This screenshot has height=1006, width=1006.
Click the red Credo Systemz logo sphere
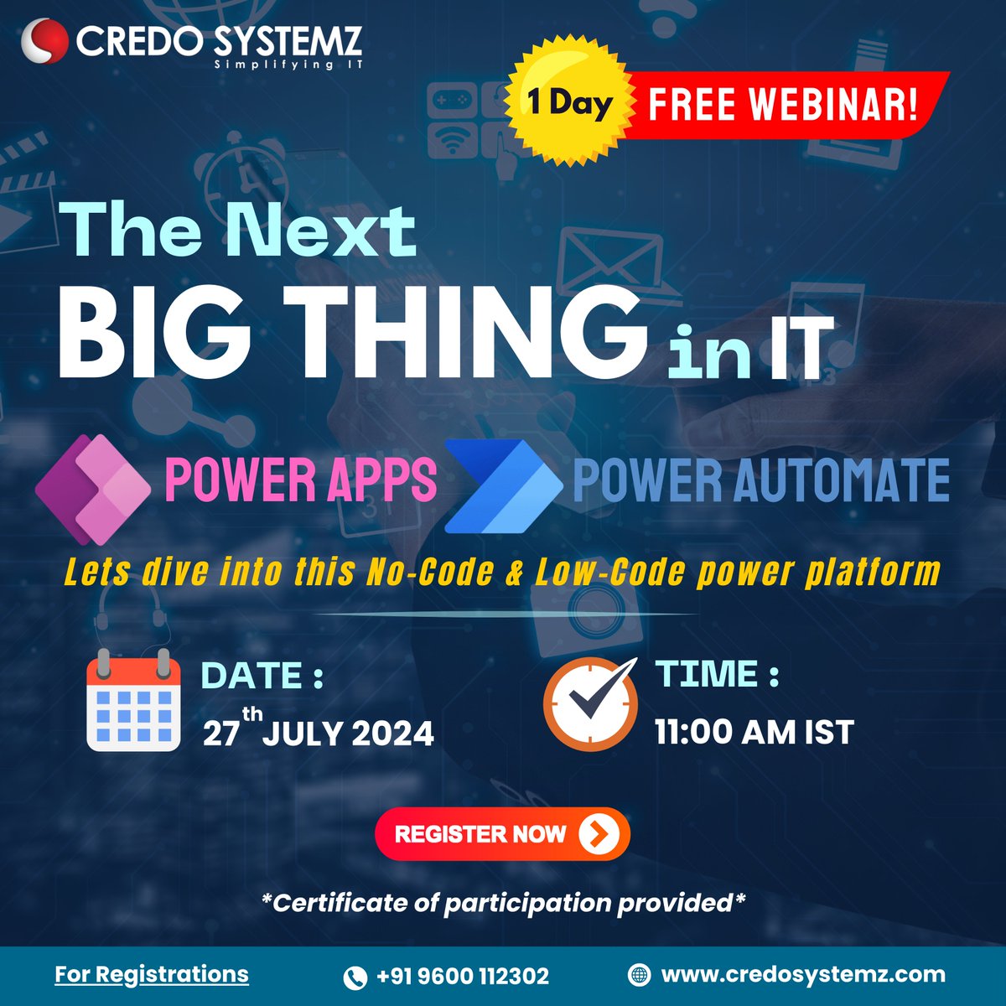click(44, 41)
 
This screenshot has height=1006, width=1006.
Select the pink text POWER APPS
click(301, 480)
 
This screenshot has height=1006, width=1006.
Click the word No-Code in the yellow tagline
click(431, 573)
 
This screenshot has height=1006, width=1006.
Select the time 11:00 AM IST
click(754, 733)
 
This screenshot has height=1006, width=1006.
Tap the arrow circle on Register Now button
click(599, 833)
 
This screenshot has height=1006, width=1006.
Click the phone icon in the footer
click(355, 977)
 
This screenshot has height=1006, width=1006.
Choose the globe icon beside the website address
click(639, 975)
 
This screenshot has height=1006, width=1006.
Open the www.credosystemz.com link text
click(803, 975)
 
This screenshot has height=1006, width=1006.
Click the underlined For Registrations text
click(152, 974)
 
